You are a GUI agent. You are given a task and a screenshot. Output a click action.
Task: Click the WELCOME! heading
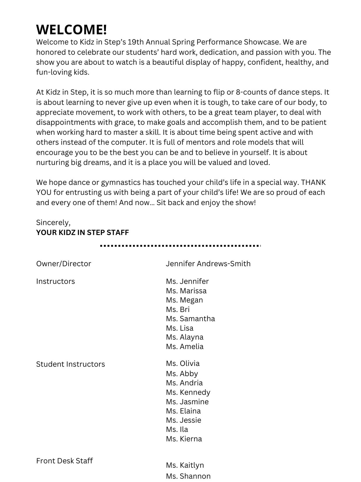(72, 30)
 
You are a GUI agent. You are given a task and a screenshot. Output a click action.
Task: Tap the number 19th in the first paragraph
(136, 42)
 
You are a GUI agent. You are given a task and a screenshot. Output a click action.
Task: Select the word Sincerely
(53, 223)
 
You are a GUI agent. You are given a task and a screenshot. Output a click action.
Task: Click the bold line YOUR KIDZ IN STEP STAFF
(82, 233)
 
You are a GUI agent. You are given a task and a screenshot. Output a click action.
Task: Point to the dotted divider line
(180, 246)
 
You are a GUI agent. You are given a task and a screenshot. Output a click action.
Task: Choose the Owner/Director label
(63, 264)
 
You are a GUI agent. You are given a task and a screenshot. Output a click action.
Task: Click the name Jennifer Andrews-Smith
(208, 264)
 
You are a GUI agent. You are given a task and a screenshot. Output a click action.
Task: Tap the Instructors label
(55, 281)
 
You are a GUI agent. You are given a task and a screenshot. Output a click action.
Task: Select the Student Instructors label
(70, 364)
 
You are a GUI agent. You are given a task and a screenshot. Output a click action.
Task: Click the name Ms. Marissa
(186, 291)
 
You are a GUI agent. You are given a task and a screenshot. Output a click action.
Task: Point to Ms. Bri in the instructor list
(178, 309)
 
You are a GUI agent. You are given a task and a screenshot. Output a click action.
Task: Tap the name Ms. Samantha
(190, 319)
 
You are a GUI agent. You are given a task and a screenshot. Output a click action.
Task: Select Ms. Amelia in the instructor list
(185, 347)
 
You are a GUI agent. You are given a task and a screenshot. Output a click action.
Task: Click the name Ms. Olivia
(183, 364)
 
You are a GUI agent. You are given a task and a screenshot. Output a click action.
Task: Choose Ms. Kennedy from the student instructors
(188, 392)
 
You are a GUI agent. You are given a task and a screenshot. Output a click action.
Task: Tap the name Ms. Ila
(177, 430)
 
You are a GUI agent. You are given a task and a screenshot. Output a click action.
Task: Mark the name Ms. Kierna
(184, 439)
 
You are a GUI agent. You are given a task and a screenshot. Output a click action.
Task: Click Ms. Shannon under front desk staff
(188, 476)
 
